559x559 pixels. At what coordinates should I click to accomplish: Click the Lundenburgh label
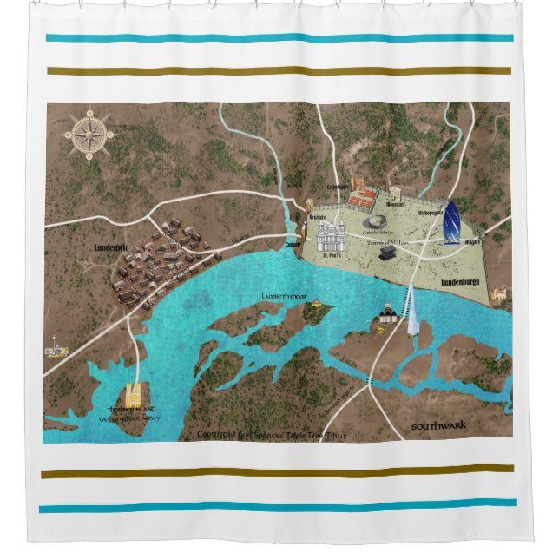(460, 283)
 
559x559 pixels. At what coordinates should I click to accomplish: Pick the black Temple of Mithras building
(387, 252)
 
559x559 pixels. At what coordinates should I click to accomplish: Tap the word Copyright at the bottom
(221, 434)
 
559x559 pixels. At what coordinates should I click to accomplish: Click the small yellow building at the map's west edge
(56, 352)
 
